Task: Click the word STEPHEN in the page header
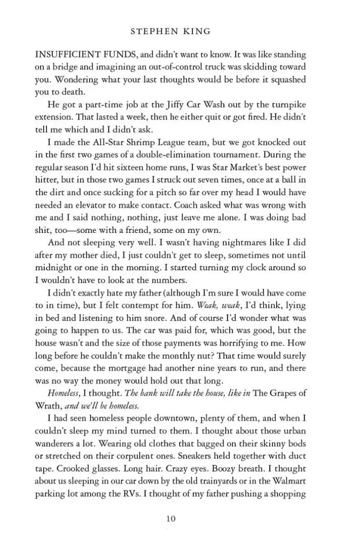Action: click(x=152, y=32)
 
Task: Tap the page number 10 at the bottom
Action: click(x=171, y=518)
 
